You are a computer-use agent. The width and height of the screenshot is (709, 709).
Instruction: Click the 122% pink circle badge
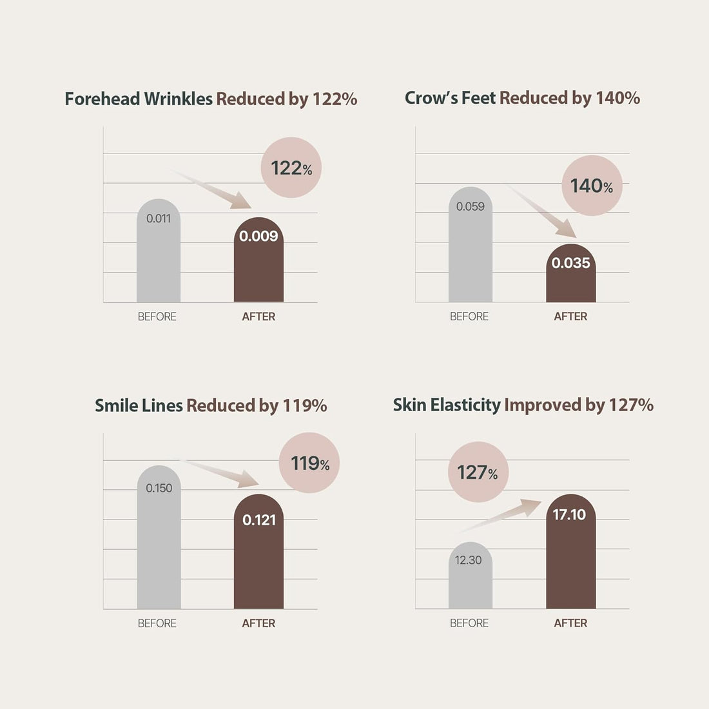[291, 168]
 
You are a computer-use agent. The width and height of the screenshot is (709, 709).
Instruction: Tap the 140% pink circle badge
[592, 186]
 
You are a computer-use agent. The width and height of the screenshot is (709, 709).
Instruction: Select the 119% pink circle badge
[309, 463]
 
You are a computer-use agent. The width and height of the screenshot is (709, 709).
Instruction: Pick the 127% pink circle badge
[478, 472]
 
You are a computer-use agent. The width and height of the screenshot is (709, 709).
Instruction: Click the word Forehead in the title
[102, 99]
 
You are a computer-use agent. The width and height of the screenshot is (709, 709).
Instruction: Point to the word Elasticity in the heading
[465, 405]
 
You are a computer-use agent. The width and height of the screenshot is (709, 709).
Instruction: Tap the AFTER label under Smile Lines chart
[258, 623]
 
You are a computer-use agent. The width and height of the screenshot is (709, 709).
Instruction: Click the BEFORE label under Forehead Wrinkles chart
[157, 316]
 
